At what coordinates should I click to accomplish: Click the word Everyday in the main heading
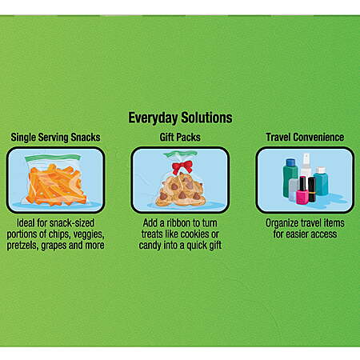point(153,118)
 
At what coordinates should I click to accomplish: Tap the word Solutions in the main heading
point(206,118)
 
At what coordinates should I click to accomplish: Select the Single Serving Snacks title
point(55,138)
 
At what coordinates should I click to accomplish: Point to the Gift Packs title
point(180,137)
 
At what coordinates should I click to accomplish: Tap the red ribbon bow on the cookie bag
point(182,167)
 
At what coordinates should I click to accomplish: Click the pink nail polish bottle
point(302,190)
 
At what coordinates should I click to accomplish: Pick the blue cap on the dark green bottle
point(290,162)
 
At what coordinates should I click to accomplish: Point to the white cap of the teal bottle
point(321,170)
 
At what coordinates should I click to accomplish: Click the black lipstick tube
point(312,190)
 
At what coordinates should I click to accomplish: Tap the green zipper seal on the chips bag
point(53,158)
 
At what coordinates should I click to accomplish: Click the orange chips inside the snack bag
point(56,186)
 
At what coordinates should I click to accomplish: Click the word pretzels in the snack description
point(22,246)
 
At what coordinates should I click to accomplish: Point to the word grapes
point(54,246)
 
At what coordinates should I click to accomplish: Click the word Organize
point(282,223)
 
